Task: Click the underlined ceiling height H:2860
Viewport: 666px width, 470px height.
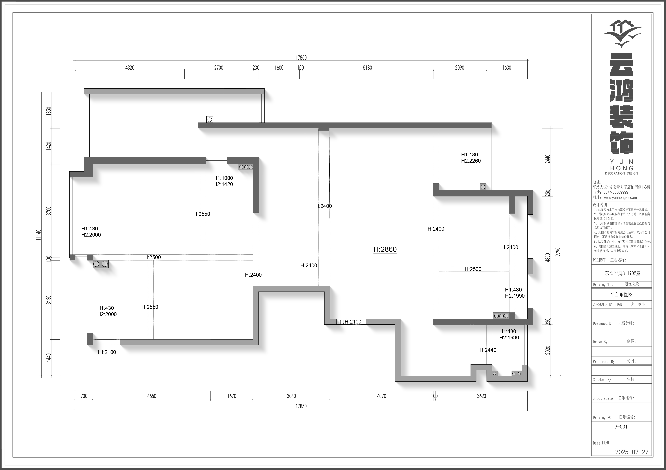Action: pyautogui.click(x=385, y=249)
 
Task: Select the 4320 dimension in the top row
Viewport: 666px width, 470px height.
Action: pyautogui.click(x=130, y=68)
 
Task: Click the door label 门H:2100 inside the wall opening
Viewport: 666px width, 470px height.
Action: pyautogui.click(x=350, y=322)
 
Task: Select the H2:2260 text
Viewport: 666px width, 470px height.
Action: pyautogui.click(x=471, y=161)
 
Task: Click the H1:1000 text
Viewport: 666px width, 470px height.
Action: pyautogui.click(x=223, y=178)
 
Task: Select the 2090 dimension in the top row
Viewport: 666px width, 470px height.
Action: pyautogui.click(x=460, y=68)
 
